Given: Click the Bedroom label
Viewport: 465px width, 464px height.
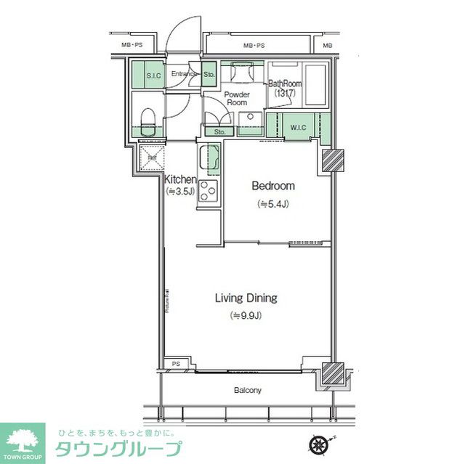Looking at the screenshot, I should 272,187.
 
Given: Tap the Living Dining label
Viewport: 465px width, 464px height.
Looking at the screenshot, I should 246,298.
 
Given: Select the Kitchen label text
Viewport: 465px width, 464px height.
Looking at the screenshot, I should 180,179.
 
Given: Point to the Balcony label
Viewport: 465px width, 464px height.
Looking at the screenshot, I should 247,391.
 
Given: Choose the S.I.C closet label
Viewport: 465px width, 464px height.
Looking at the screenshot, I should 153,75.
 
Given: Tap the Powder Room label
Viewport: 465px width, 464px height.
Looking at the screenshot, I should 237,99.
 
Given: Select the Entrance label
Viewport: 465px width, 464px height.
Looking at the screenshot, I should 184,74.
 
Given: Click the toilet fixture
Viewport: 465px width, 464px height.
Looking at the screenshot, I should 147,118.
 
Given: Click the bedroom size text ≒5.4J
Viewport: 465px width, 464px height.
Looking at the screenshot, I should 272,204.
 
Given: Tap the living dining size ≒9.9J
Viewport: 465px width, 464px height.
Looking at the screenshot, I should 245,315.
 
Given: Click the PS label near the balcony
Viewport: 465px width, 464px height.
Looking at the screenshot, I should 176,364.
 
